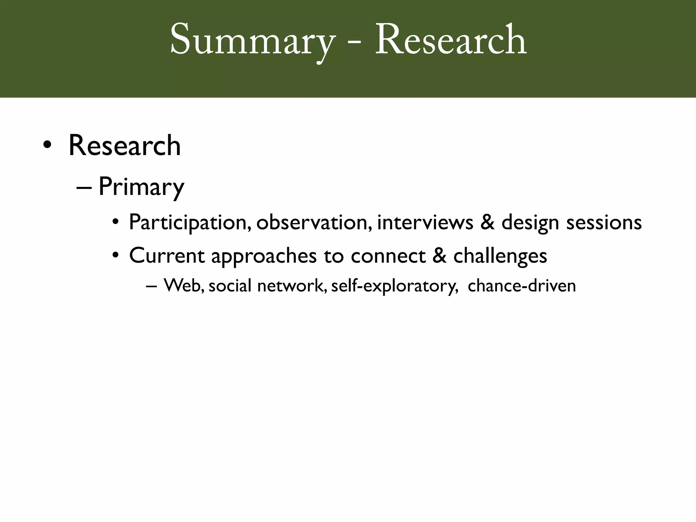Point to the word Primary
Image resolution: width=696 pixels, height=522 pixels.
tap(141, 187)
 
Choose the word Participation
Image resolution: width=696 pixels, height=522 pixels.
tap(190, 223)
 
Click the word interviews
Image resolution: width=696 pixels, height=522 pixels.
tap(425, 223)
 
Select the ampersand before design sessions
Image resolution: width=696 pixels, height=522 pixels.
tap(487, 223)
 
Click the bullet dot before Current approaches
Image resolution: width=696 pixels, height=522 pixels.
tap(116, 256)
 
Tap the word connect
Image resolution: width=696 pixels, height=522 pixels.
tap(388, 256)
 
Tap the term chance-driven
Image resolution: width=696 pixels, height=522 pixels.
tap(522, 285)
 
